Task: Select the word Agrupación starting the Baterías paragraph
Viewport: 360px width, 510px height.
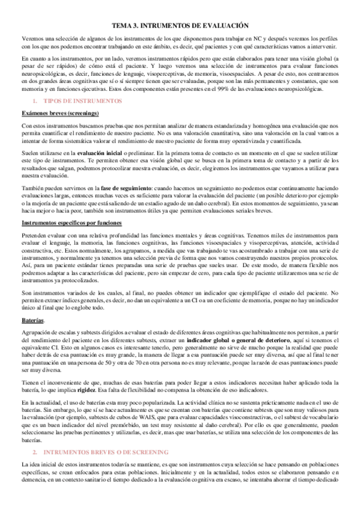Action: point(37,332)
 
